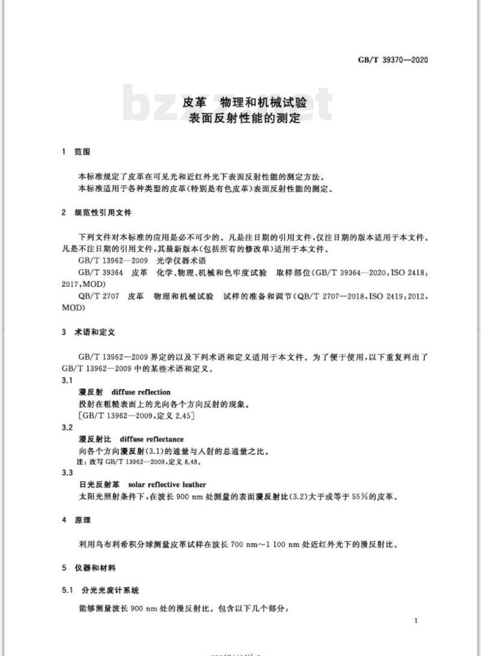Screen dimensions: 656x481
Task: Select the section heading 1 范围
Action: point(75,152)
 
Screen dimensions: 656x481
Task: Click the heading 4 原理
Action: point(75,520)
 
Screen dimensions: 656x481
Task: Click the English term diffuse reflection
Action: point(141,392)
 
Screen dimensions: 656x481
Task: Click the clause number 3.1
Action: point(67,381)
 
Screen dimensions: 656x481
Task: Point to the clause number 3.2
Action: point(67,428)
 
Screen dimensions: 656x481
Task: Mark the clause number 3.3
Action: point(67,473)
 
